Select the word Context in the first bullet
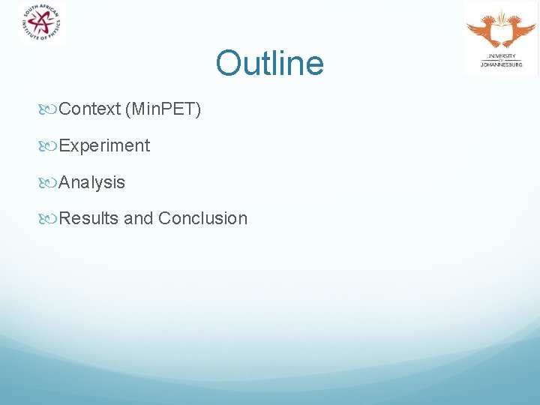[89, 109]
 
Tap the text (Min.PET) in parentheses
[163, 109]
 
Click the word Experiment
[104, 145]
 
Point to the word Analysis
[92, 182]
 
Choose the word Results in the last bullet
[88, 218]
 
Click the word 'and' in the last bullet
[138, 218]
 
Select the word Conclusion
[202, 218]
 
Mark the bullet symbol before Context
[50, 109]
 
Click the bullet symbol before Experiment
[50, 146]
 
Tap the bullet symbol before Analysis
[50, 182]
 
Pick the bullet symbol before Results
[50, 219]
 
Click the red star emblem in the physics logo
[42, 22]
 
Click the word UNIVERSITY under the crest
[501, 56]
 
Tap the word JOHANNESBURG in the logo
[501, 65]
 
